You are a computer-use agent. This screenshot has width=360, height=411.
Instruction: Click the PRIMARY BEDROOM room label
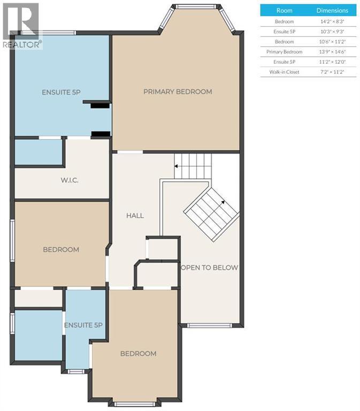(x=178, y=92)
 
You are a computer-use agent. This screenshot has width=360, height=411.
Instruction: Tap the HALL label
(x=135, y=216)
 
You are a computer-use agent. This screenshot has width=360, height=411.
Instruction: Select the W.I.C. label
(x=70, y=180)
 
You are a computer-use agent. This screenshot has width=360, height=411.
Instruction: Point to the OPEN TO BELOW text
(x=209, y=268)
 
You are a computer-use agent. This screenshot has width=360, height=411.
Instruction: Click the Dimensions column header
(x=332, y=11)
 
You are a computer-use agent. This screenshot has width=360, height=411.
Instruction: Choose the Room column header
(x=284, y=11)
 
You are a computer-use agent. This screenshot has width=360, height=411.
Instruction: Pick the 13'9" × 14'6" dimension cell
(x=332, y=51)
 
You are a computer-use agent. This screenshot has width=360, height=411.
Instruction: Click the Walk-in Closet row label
(x=284, y=72)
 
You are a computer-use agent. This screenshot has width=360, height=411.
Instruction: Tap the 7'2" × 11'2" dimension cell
(x=332, y=72)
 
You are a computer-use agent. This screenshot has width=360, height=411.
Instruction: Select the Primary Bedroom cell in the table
(x=284, y=51)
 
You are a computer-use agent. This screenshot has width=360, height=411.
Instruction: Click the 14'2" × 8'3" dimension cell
(x=332, y=21)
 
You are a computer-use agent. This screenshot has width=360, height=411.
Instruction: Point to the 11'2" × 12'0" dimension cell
(x=332, y=62)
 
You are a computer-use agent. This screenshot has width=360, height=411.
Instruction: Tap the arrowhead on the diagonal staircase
(x=223, y=202)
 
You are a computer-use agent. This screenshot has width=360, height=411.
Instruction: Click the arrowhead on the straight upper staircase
(x=177, y=166)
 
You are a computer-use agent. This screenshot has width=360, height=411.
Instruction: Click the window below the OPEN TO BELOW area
(x=209, y=325)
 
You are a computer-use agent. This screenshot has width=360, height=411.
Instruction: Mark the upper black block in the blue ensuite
(x=100, y=105)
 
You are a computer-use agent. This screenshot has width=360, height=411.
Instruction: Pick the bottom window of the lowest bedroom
(x=135, y=404)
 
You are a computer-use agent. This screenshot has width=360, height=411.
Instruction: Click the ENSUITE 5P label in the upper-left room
(x=61, y=92)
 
